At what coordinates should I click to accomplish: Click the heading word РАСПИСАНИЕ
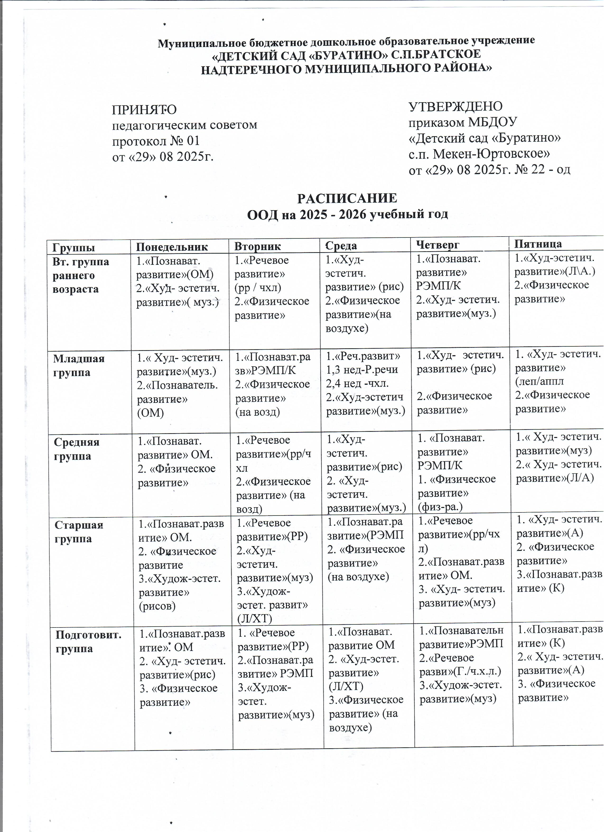pos(347,199)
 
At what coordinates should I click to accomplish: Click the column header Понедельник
pos(172,246)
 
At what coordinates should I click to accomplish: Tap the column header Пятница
pos(538,244)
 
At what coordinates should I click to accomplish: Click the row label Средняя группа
pos(72,449)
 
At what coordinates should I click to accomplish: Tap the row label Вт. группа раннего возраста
pos(81,275)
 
